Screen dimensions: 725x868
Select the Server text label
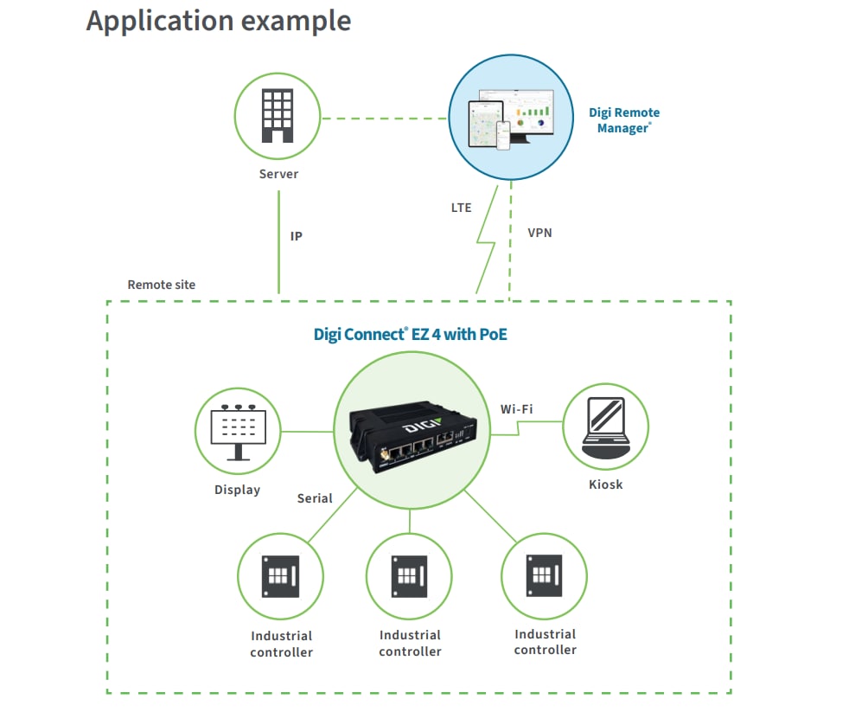click(278, 174)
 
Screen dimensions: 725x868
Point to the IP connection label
click(297, 235)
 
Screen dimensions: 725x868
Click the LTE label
click(462, 208)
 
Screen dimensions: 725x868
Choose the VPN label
click(539, 233)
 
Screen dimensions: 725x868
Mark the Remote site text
click(162, 285)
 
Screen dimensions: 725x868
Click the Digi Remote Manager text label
click(624, 120)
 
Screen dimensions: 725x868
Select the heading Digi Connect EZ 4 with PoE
click(410, 333)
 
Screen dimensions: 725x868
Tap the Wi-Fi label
click(517, 408)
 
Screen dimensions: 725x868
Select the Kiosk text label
click(605, 484)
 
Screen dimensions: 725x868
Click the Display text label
click(237, 490)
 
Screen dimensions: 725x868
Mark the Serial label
click(315, 498)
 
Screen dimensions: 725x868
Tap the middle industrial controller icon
click(409, 575)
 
